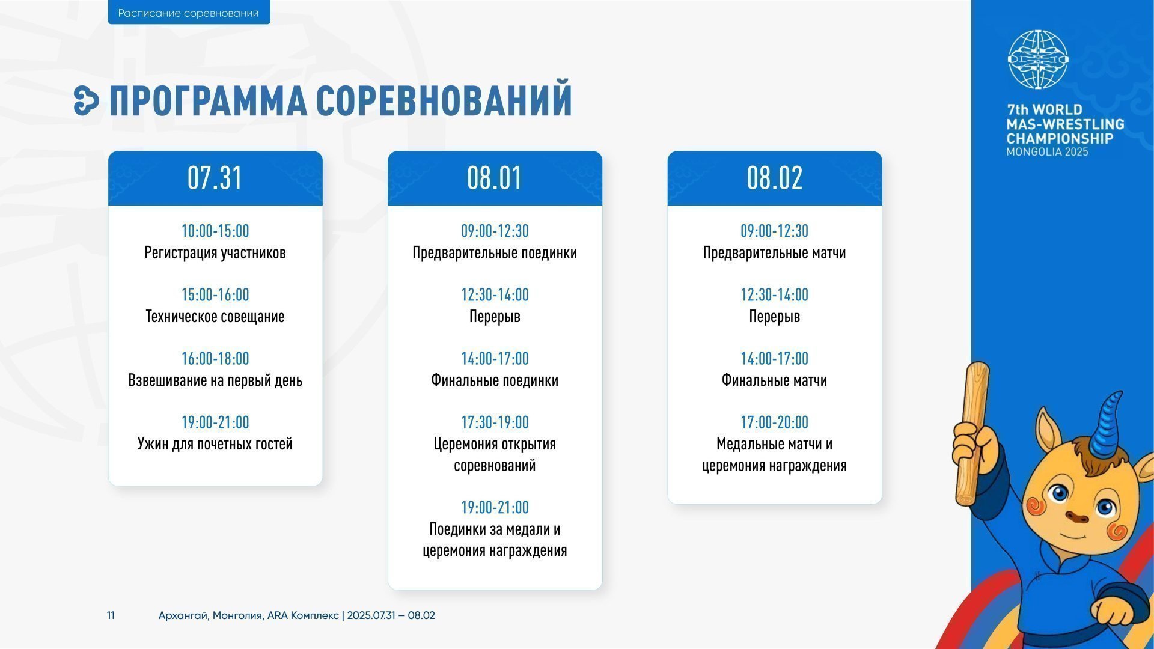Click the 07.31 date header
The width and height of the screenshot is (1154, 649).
(215, 178)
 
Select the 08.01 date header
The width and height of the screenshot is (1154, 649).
(495, 178)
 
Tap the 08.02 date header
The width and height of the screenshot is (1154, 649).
(775, 178)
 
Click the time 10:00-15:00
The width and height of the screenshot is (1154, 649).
(215, 231)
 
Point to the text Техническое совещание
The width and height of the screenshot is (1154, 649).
(215, 317)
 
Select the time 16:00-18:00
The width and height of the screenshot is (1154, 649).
(215, 359)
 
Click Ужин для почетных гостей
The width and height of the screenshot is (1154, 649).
(215, 444)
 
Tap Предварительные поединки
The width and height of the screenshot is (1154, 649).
(495, 253)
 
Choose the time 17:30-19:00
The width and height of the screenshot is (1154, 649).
(495, 422)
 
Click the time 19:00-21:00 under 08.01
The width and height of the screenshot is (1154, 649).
(495, 508)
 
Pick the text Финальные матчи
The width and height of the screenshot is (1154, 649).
(774, 380)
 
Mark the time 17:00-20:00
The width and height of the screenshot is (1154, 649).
(774, 422)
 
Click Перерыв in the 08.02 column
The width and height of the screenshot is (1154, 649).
(774, 317)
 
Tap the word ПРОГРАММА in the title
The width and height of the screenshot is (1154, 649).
(208, 100)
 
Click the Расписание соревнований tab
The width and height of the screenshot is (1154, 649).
(189, 13)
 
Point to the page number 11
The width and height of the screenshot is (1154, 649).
(111, 615)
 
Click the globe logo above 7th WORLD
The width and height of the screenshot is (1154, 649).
(1038, 60)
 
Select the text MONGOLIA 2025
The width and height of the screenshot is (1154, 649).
(1048, 153)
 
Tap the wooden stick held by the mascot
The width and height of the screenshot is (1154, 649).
(972, 433)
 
